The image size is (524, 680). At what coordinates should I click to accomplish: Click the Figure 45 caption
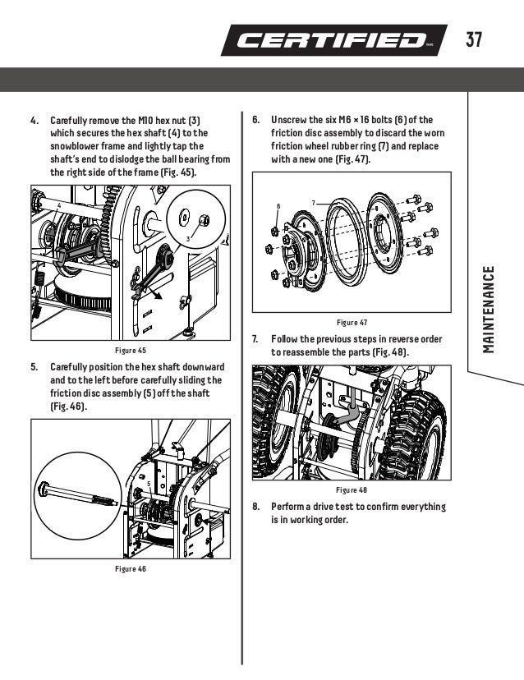click(130, 350)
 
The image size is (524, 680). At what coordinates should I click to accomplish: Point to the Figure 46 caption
click(130, 568)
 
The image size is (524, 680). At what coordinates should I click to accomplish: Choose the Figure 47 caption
click(352, 322)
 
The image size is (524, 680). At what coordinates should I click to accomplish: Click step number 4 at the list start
click(34, 120)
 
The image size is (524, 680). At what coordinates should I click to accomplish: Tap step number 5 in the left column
click(34, 367)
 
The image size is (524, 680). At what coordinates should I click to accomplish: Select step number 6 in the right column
click(255, 120)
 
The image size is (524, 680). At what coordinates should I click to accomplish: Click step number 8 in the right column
click(255, 507)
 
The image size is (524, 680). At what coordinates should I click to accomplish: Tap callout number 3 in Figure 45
click(188, 238)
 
